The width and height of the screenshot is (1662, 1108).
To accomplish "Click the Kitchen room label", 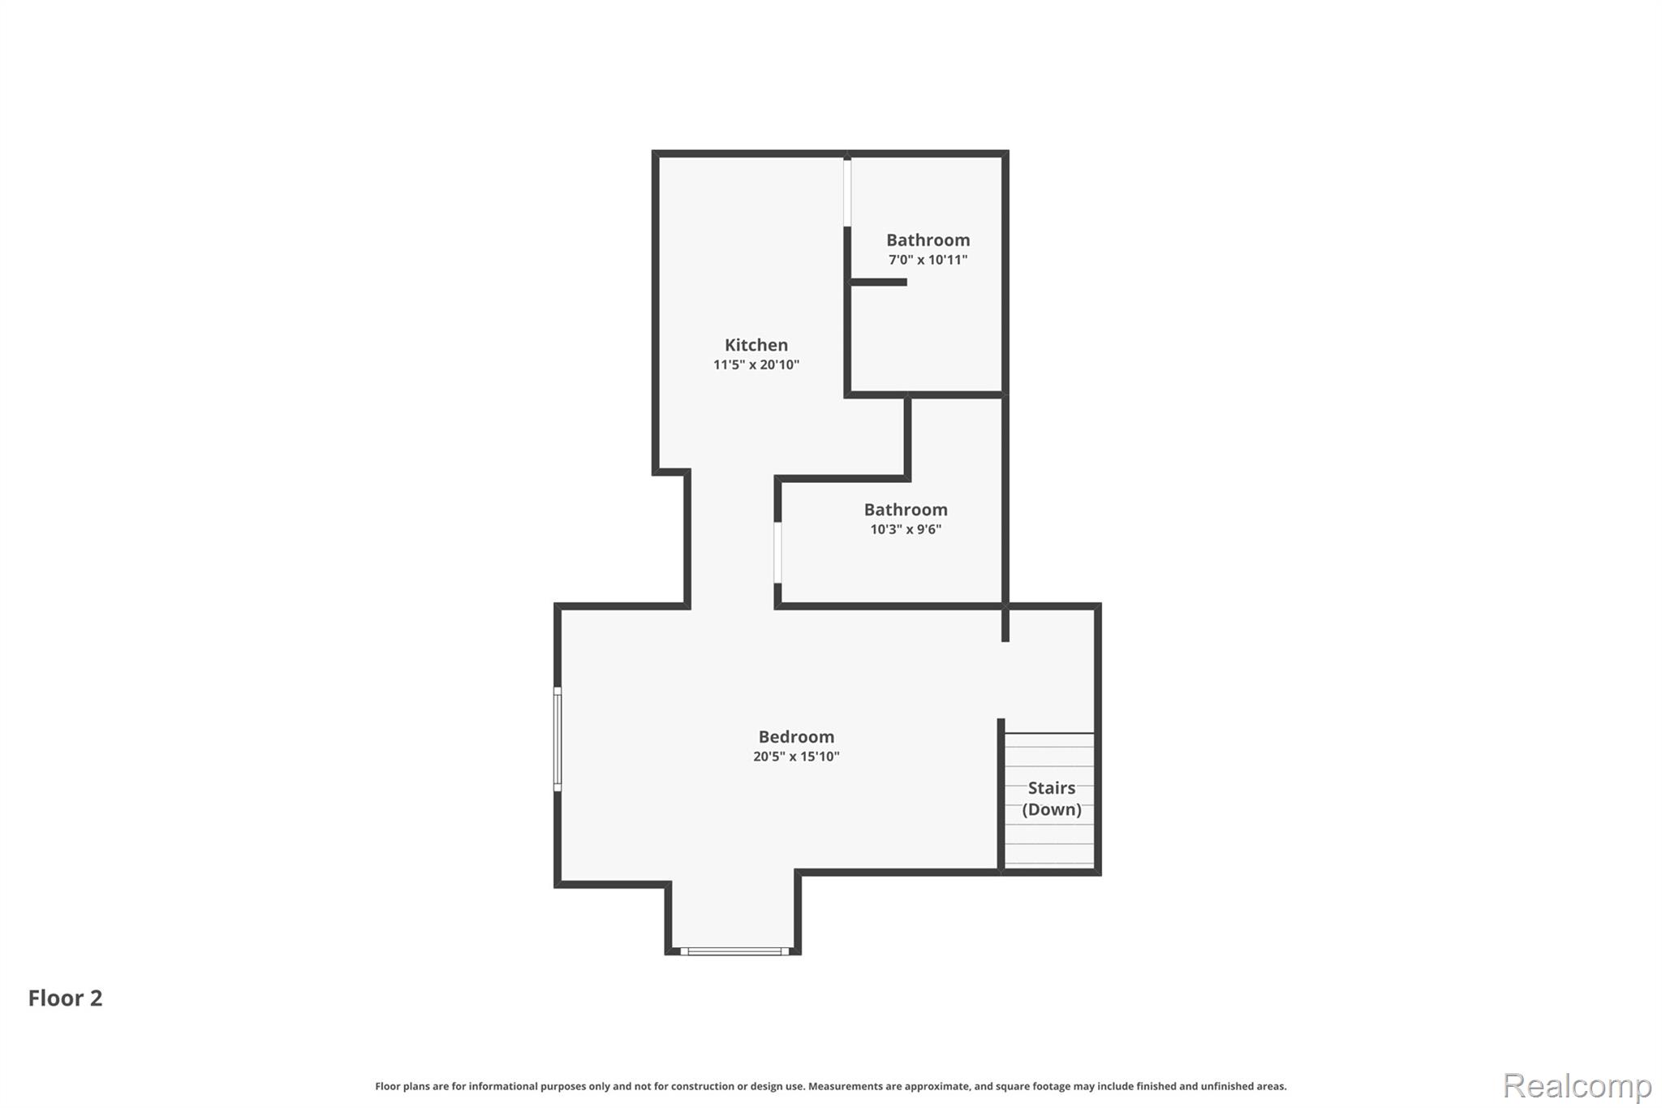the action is [756, 345].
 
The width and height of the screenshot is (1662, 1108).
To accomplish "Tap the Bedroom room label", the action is [796, 737].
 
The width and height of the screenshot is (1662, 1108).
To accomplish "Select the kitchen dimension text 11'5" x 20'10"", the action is [756, 365].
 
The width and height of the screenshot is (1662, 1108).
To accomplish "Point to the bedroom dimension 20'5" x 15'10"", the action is [796, 757].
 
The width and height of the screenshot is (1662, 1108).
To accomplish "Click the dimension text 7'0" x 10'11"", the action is [928, 260].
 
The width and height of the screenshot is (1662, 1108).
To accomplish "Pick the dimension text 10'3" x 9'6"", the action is [906, 529].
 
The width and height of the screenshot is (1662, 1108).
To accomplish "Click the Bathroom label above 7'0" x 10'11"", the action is [928, 240].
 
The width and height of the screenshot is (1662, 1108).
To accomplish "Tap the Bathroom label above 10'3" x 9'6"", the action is [906, 510].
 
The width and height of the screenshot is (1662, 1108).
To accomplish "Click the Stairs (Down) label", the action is [1052, 799].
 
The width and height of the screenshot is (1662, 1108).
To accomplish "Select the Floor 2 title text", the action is [66, 998].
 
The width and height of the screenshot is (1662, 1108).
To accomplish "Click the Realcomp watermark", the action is [1577, 1085].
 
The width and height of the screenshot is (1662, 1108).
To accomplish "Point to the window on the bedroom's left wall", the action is [558, 739].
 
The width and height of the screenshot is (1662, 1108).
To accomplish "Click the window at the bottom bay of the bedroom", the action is [734, 951].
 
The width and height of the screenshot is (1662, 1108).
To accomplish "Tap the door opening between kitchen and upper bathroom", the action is [847, 193].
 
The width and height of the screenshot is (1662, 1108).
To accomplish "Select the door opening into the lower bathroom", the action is [777, 553].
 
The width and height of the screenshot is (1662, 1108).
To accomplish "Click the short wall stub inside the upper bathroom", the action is [878, 282].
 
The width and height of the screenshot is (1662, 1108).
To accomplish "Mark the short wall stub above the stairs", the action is [1005, 624].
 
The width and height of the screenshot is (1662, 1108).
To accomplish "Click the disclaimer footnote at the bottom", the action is [831, 1086].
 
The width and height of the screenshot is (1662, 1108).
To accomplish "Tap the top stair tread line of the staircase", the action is [1049, 734].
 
